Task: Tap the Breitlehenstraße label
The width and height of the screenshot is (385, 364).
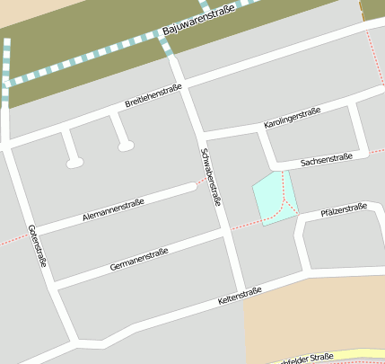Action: [153, 96]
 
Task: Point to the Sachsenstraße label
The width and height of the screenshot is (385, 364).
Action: [326, 160]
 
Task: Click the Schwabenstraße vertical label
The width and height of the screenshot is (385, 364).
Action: [212, 177]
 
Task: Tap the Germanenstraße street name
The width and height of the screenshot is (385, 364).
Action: [139, 259]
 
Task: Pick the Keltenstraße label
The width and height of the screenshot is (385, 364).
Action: [239, 296]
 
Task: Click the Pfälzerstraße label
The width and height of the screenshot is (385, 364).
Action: [344, 211]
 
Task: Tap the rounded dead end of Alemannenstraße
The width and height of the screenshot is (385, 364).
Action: [189, 187]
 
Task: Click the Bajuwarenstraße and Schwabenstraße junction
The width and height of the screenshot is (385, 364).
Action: [166, 37]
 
